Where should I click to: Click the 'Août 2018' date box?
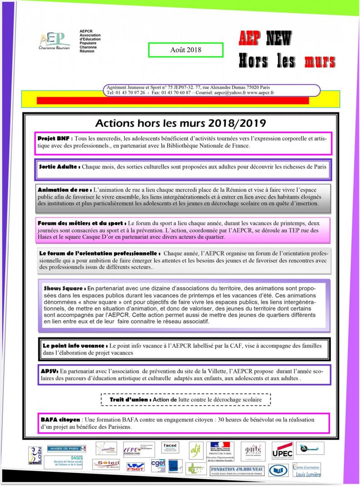(185, 50)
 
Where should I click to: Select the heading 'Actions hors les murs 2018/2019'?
(180, 123)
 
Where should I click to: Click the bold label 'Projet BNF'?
(55, 138)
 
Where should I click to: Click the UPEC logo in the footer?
(282, 451)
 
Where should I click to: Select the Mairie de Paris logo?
(67, 449)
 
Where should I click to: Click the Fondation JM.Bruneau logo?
(237, 470)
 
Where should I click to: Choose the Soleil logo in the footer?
(106, 464)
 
